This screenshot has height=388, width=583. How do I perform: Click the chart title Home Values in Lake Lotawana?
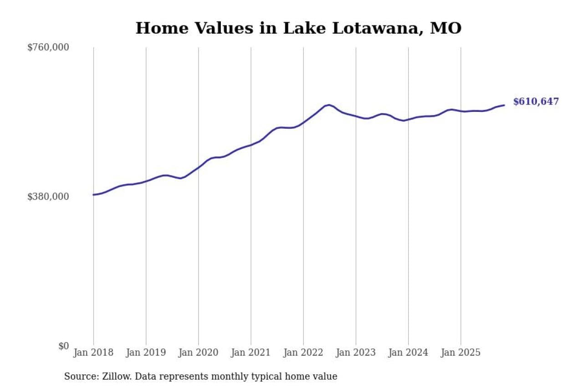[x=298, y=28]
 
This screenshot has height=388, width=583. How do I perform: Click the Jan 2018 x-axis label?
[x=93, y=353]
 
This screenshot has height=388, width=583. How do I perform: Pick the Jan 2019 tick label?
[x=146, y=353]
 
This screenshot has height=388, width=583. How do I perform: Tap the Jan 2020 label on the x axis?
[x=198, y=353]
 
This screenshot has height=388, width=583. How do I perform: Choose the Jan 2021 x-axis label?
[x=251, y=353]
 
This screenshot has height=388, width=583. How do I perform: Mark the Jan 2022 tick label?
[x=303, y=353]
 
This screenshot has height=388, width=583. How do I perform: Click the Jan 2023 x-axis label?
[x=356, y=353]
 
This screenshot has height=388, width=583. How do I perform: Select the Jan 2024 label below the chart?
[x=408, y=353]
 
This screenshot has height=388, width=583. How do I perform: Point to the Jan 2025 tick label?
[x=460, y=353]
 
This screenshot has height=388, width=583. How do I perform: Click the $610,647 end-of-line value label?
[x=536, y=102]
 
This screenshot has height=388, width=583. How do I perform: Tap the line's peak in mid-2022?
[x=329, y=105]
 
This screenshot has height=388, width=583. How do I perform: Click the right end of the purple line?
[x=504, y=105]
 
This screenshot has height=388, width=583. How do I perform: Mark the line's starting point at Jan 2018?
[x=93, y=195]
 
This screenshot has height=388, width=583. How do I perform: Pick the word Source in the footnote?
[x=79, y=377]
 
